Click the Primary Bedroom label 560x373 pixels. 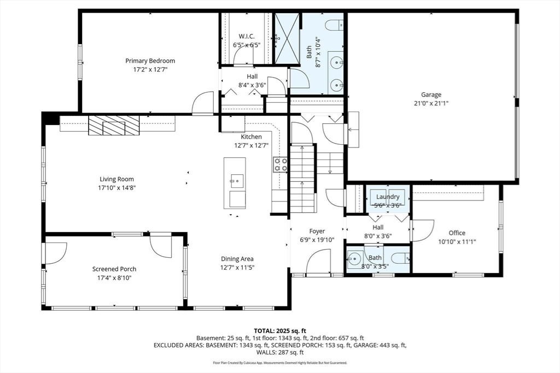[x=150, y=61]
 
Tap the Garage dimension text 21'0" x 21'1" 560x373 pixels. [x=431, y=103]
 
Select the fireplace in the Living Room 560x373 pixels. [x=114, y=126]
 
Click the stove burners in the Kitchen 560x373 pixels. [x=280, y=165]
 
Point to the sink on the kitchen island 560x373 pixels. [x=237, y=181]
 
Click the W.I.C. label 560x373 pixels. [x=247, y=37]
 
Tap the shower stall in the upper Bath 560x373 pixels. [x=287, y=39]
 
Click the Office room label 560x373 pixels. [x=457, y=233]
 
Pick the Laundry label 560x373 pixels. [x=388, y=197]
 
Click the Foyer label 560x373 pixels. [x=317, y=231]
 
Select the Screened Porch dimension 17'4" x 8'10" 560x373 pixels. [x=114, y=278]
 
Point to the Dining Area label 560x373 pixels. [x=237, y=259]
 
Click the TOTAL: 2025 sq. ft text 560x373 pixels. [x=280, y=330]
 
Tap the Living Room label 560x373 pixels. [x=117, y=179]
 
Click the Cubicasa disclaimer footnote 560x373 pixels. [x=280, y=363]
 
